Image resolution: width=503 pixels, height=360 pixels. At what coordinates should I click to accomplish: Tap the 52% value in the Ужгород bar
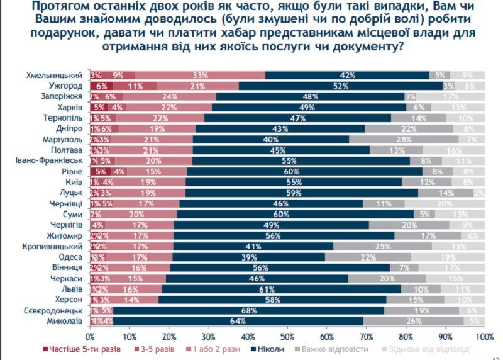(x=340, y=86)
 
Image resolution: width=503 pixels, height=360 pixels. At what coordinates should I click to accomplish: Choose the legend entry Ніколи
(x=268, y=349)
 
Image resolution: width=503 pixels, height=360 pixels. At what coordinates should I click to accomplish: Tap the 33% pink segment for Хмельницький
(x=200, y=75)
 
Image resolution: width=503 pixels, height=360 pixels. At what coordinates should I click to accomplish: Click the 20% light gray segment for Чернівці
(x=444, y=203)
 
